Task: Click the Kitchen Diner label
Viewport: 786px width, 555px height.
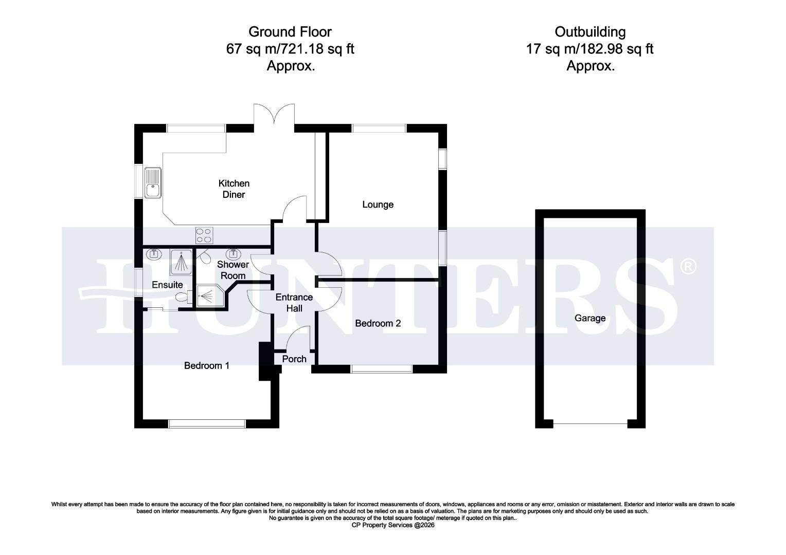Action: [x=234, y=189]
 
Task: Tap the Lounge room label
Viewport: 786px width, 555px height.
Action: [x=378, y=205]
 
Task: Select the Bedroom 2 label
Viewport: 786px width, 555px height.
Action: [x=378, y=323]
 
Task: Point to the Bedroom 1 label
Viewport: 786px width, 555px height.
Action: [x=207, y=365]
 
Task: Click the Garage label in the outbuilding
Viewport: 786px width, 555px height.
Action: [x=589, y=318]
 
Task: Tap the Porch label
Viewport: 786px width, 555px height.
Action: [x=294, y=359]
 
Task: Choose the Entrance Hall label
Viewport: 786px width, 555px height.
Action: [x=294, y=303]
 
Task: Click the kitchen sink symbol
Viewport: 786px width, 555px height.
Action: [x=153, y=183]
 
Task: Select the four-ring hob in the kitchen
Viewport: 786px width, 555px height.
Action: [x=204, y=236]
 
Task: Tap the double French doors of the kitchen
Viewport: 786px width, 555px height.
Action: [x=274, y=114]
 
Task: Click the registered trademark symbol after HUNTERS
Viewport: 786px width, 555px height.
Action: [x=688, y=266]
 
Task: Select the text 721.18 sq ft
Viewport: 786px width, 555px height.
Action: [x=323, y=49]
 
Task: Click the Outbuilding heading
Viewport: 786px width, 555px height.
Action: [x=589, y=32]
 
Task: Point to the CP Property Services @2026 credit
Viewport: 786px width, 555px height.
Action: [x=392, y=525]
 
